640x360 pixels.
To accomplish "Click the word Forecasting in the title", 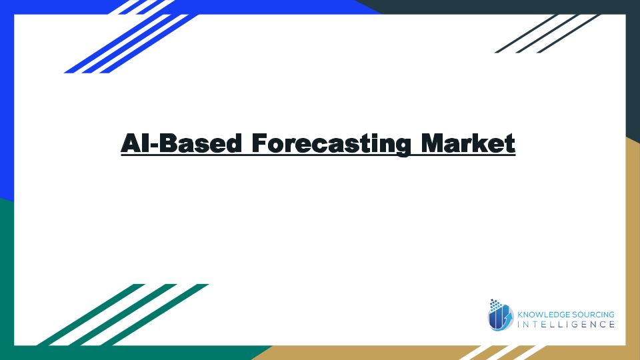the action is (x=331, y=144).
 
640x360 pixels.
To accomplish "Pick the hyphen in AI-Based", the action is (x=154, y=145).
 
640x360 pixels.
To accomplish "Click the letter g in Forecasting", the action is (x=401, y=147).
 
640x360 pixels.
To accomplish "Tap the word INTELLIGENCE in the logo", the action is (x=566, y=325).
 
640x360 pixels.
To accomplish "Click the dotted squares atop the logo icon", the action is (x=495, y=304).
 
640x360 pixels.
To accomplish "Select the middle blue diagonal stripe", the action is (x=135, y=44).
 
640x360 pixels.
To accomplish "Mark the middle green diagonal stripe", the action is (x=123, y=315).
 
